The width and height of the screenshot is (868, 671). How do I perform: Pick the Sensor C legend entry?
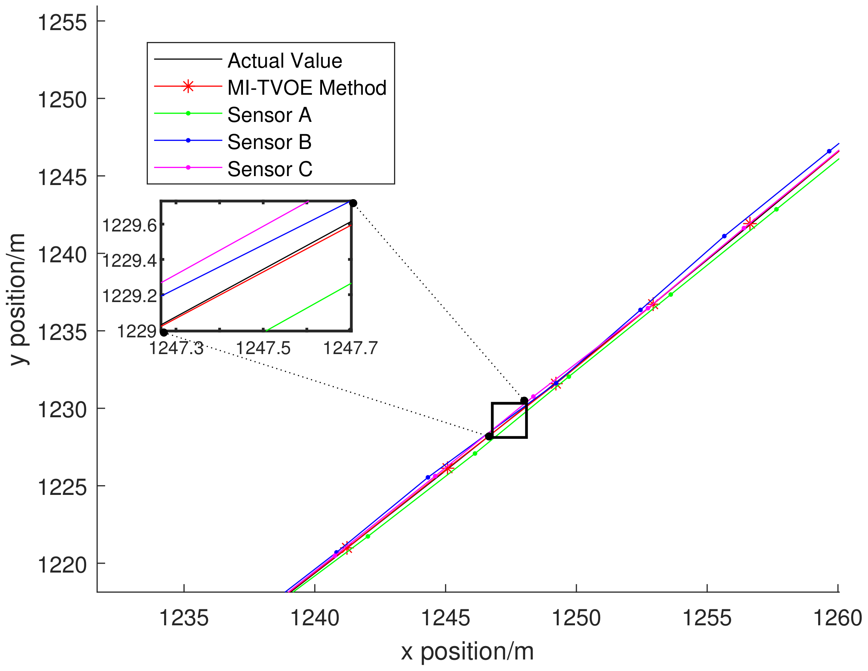coord(270,169)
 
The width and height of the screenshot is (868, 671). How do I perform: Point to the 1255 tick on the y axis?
coord(62,22)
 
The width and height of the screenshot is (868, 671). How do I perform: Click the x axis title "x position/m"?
coord(467,652)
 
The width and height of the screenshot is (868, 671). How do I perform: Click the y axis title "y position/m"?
coord(17,299)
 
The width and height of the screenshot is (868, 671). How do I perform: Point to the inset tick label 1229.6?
coord(130,226)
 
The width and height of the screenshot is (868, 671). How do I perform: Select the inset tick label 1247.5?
coord(263,348)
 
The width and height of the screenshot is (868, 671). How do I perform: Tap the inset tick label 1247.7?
coord(350,348)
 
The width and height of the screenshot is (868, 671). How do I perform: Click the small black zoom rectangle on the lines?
coord(510,420)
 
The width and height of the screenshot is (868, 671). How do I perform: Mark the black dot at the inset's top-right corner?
coord(353,203)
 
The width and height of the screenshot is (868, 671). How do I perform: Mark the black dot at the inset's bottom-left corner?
coord(164,332)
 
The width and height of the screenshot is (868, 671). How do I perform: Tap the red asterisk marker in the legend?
coord(188,86)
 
